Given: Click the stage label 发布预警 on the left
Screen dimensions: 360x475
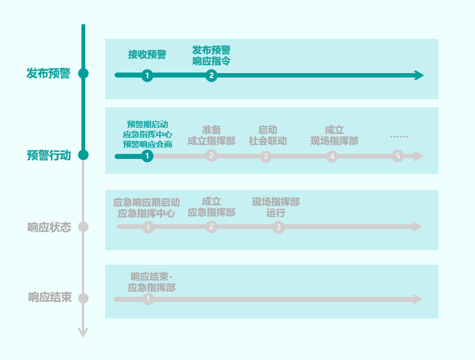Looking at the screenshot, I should [x=48, y=74].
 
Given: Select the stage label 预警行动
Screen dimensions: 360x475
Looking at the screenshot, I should [x=49, y=155].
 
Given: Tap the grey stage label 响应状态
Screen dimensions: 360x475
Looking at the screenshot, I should [x=49, y=227].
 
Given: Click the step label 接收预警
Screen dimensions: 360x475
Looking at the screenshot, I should [x=147, y=54].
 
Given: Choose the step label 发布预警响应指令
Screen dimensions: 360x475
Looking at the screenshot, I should [x=211, y=56].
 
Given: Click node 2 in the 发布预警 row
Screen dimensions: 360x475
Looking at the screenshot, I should [x=211, y=76].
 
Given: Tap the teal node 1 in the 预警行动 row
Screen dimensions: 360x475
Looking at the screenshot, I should [x=147, y=156].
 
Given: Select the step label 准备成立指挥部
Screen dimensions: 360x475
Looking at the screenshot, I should [x=211, y=135].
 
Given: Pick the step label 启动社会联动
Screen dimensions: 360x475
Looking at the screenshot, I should [x=268, y=135].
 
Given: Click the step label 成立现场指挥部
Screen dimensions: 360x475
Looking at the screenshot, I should [x=334, y=135].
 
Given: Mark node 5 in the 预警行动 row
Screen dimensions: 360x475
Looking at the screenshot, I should [x=397, y=156].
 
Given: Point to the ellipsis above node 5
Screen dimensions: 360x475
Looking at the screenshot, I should [x=398, y=136].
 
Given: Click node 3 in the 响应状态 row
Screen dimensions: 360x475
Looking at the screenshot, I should [x=278, y=227].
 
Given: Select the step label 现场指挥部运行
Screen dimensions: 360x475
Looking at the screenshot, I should [x=276, y=207].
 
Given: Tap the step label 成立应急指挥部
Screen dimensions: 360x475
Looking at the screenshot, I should [x=211, y=207].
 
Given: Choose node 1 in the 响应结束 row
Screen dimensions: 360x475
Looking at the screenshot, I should [x=148, y=300].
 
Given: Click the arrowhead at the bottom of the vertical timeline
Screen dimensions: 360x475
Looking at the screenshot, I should [x=83, y=333].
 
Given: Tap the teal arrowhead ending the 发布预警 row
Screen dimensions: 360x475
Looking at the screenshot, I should [x=419, y=76].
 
